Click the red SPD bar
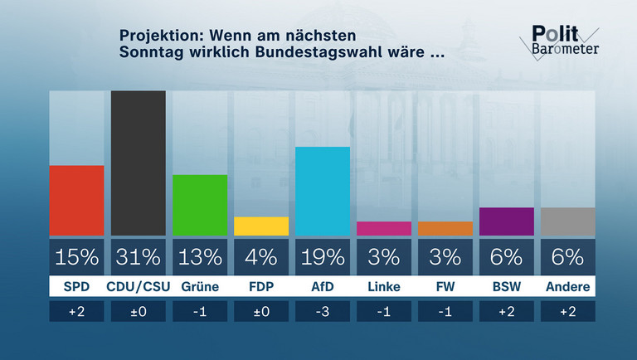[x=77, y=201]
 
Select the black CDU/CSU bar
[x=139, y=163]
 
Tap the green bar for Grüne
[x=200, y=205]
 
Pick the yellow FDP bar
[x=261, y=226]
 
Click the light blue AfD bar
[x=323, y=192]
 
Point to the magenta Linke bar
[x=384, y=229]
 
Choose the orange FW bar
[x=445, y=229]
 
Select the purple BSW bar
[x=507, y=221]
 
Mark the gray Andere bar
[x=568, y=221]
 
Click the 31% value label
[x=139, y=257]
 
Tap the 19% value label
[x=323, y=257]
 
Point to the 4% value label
[x=261, y=257]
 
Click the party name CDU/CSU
[x=139, y=287]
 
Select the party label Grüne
[x=200, y=287]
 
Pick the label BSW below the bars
[x=507, y=287]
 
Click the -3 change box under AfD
[x=323, y=311]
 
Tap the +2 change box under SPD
[x=77, y=311]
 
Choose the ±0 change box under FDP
[x=261, y=311]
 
